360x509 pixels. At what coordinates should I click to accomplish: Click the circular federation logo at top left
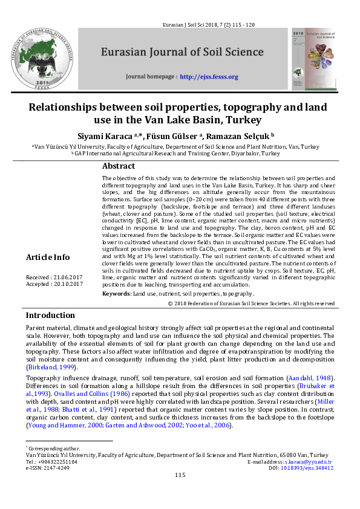46,59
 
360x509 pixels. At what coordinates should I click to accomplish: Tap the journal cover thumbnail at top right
313,57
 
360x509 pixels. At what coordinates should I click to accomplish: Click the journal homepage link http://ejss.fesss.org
209,77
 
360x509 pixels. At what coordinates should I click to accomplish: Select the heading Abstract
119,166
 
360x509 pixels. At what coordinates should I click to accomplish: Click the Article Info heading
48,258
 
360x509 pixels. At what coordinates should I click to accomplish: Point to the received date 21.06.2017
68,277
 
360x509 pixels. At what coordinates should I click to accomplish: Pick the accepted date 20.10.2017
68,284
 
